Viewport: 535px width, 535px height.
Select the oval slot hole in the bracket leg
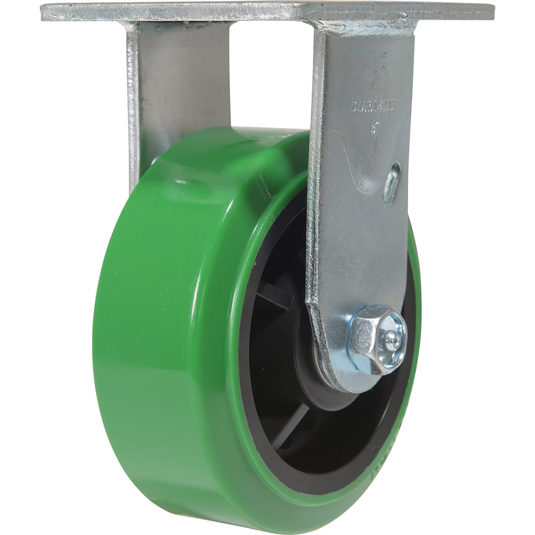tap(391, 185)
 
